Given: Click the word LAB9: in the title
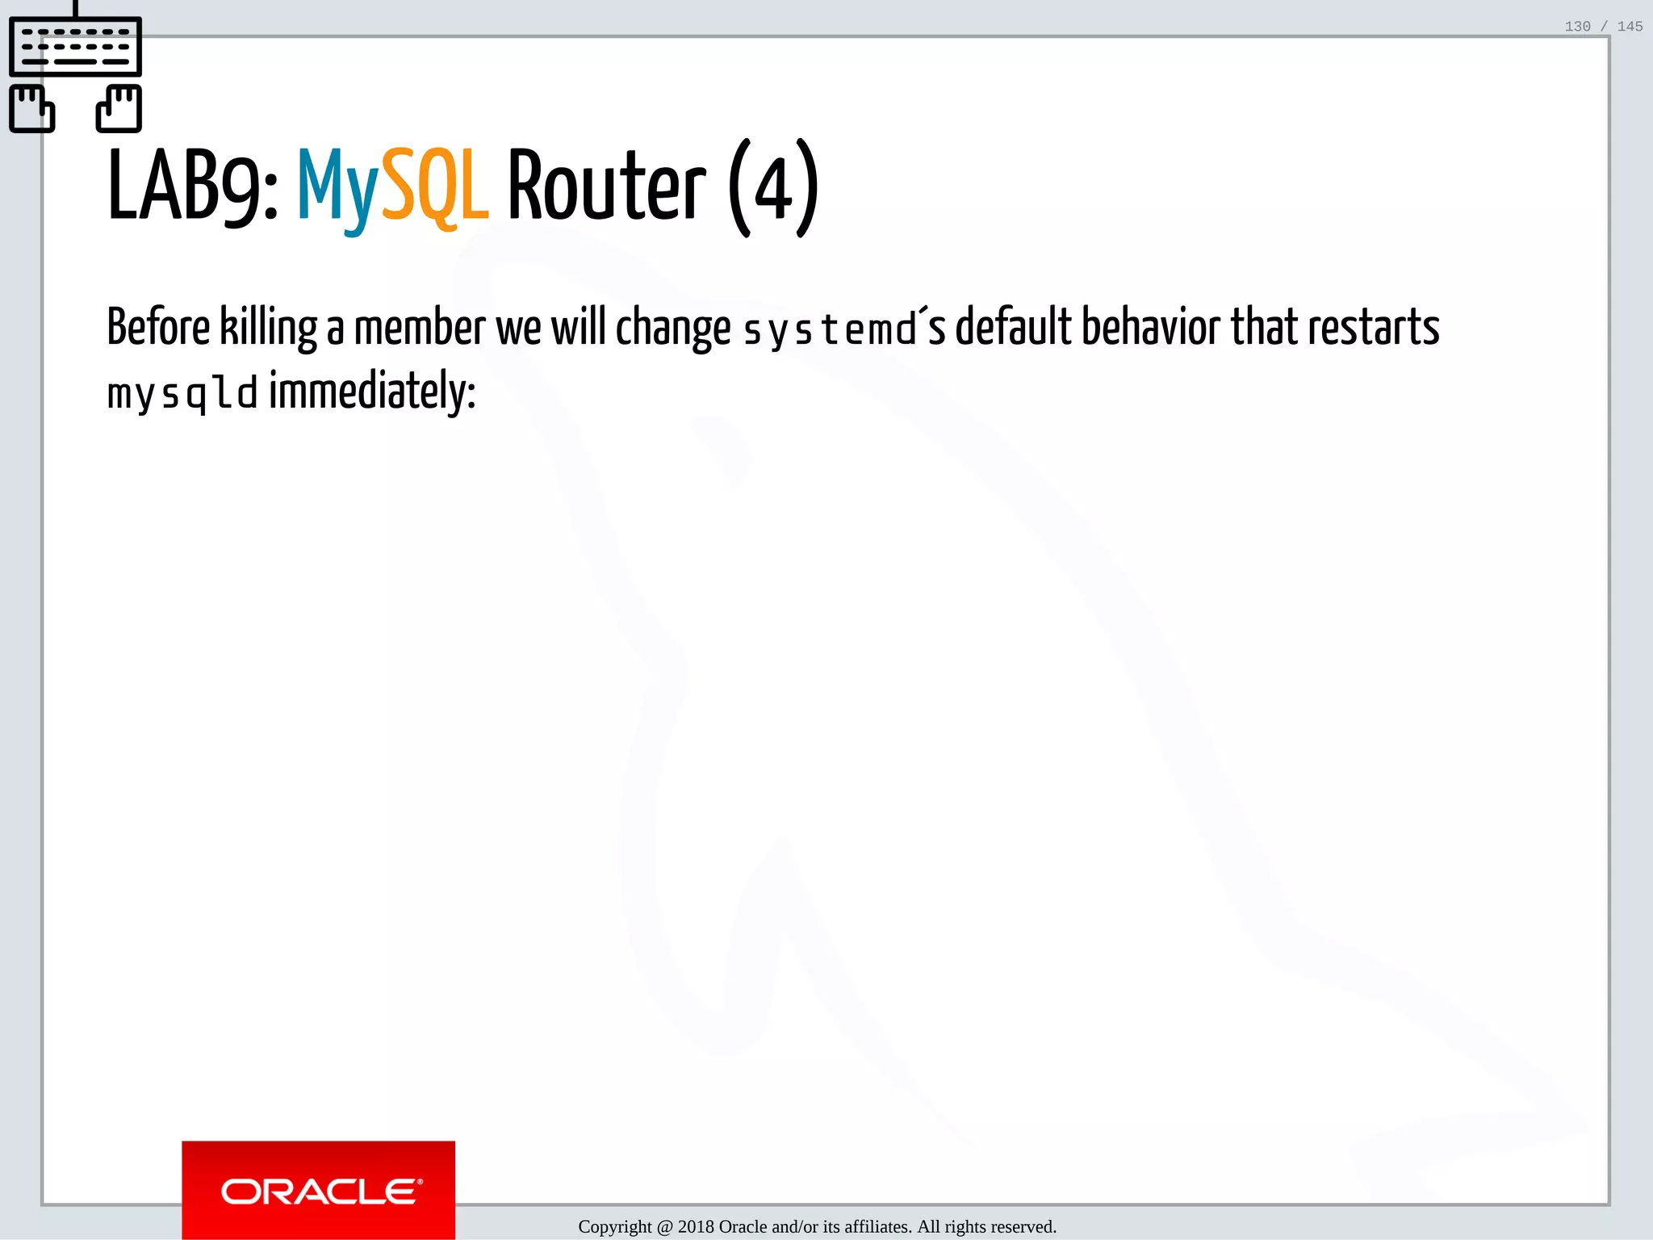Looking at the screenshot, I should [x=192, y=187].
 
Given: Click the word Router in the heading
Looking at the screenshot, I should [x=606, y=187].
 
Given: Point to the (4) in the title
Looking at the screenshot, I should [x=773, y=189].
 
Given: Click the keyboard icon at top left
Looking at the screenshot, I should [x=75, y=46].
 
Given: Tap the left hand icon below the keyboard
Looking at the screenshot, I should [x=31, y=108].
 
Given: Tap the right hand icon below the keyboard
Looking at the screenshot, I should [x=119, y=108].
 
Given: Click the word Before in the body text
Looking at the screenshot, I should [x=158, y=328].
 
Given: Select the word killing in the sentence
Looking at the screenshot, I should [x=269, y=328].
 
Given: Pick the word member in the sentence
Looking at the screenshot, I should [x=420, y=328].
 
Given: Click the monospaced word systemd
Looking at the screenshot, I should [x=830, y=329].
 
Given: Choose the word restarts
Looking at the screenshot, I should [x=1373, y=328].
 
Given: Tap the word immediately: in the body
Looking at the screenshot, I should [x=372, y=392].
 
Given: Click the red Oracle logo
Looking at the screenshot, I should [x=319, y=1190].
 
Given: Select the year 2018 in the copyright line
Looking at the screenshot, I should [x=696, y=1227].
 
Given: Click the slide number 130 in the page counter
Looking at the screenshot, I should [x=1577, y=27].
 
